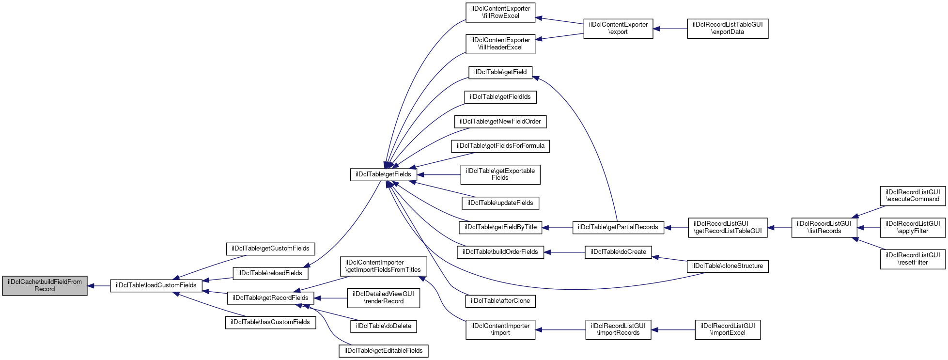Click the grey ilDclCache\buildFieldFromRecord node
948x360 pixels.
click(x=45, y=285)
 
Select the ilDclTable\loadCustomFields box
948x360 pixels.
click(x=156, y=285)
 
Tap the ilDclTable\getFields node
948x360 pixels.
click(x=383, y=174)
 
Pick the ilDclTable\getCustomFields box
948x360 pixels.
click(x=270, y=249)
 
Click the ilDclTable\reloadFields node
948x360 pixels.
click(x=270, y=273)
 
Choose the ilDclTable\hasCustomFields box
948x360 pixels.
click(x=270, y=322)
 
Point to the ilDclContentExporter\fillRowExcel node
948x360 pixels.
click(x=500, y=12)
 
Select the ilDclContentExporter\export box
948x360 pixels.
click(x=618, y=28)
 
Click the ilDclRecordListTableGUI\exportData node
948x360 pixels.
click(x=728, y=28)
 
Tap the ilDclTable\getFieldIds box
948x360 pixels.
click(x=500, y=97)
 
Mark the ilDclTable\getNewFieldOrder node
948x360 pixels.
click(x=500, y=122)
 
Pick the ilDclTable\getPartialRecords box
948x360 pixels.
click(x=618, y=227)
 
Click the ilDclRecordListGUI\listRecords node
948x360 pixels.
click(x=824, y=227)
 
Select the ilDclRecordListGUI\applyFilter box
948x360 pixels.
click(x=913, y=227)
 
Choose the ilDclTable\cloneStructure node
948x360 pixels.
click(x=728, y=266)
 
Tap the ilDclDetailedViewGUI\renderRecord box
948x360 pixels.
click(x=384, y=297)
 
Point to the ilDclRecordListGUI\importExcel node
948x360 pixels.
click(x=728, y=329)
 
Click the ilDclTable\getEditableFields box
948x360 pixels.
click(x=384, y=351)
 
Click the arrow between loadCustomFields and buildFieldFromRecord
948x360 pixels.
click(x=99, y=286)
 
